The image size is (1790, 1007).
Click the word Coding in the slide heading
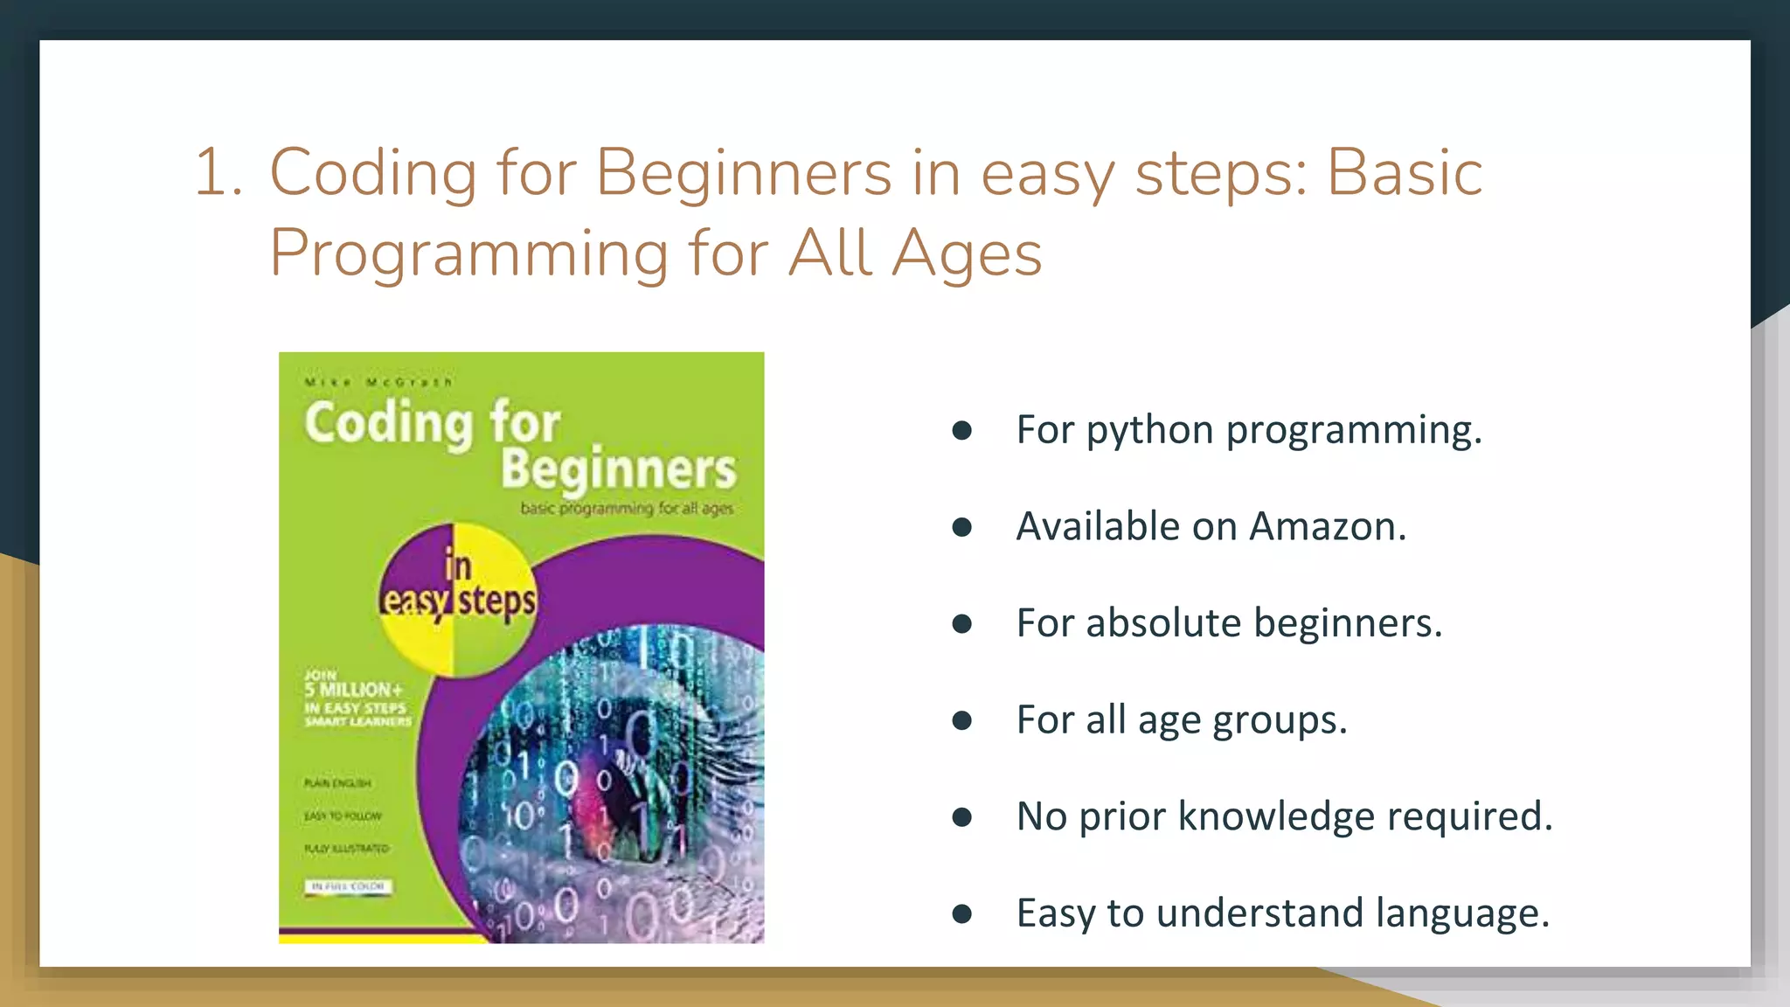373,172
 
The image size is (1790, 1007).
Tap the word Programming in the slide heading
469,254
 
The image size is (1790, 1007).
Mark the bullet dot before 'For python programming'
962,430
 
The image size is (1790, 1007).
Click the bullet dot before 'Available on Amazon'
962,526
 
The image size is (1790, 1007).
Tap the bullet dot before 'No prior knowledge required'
962,816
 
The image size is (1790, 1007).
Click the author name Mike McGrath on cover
378,382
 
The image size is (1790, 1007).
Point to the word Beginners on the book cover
618,469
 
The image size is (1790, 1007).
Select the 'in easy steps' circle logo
457,601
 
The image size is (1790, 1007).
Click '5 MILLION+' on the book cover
353,690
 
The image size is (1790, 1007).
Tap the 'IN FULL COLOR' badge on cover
349,886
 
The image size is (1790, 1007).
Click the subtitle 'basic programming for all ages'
627,508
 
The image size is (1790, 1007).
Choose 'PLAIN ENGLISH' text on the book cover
337,783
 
